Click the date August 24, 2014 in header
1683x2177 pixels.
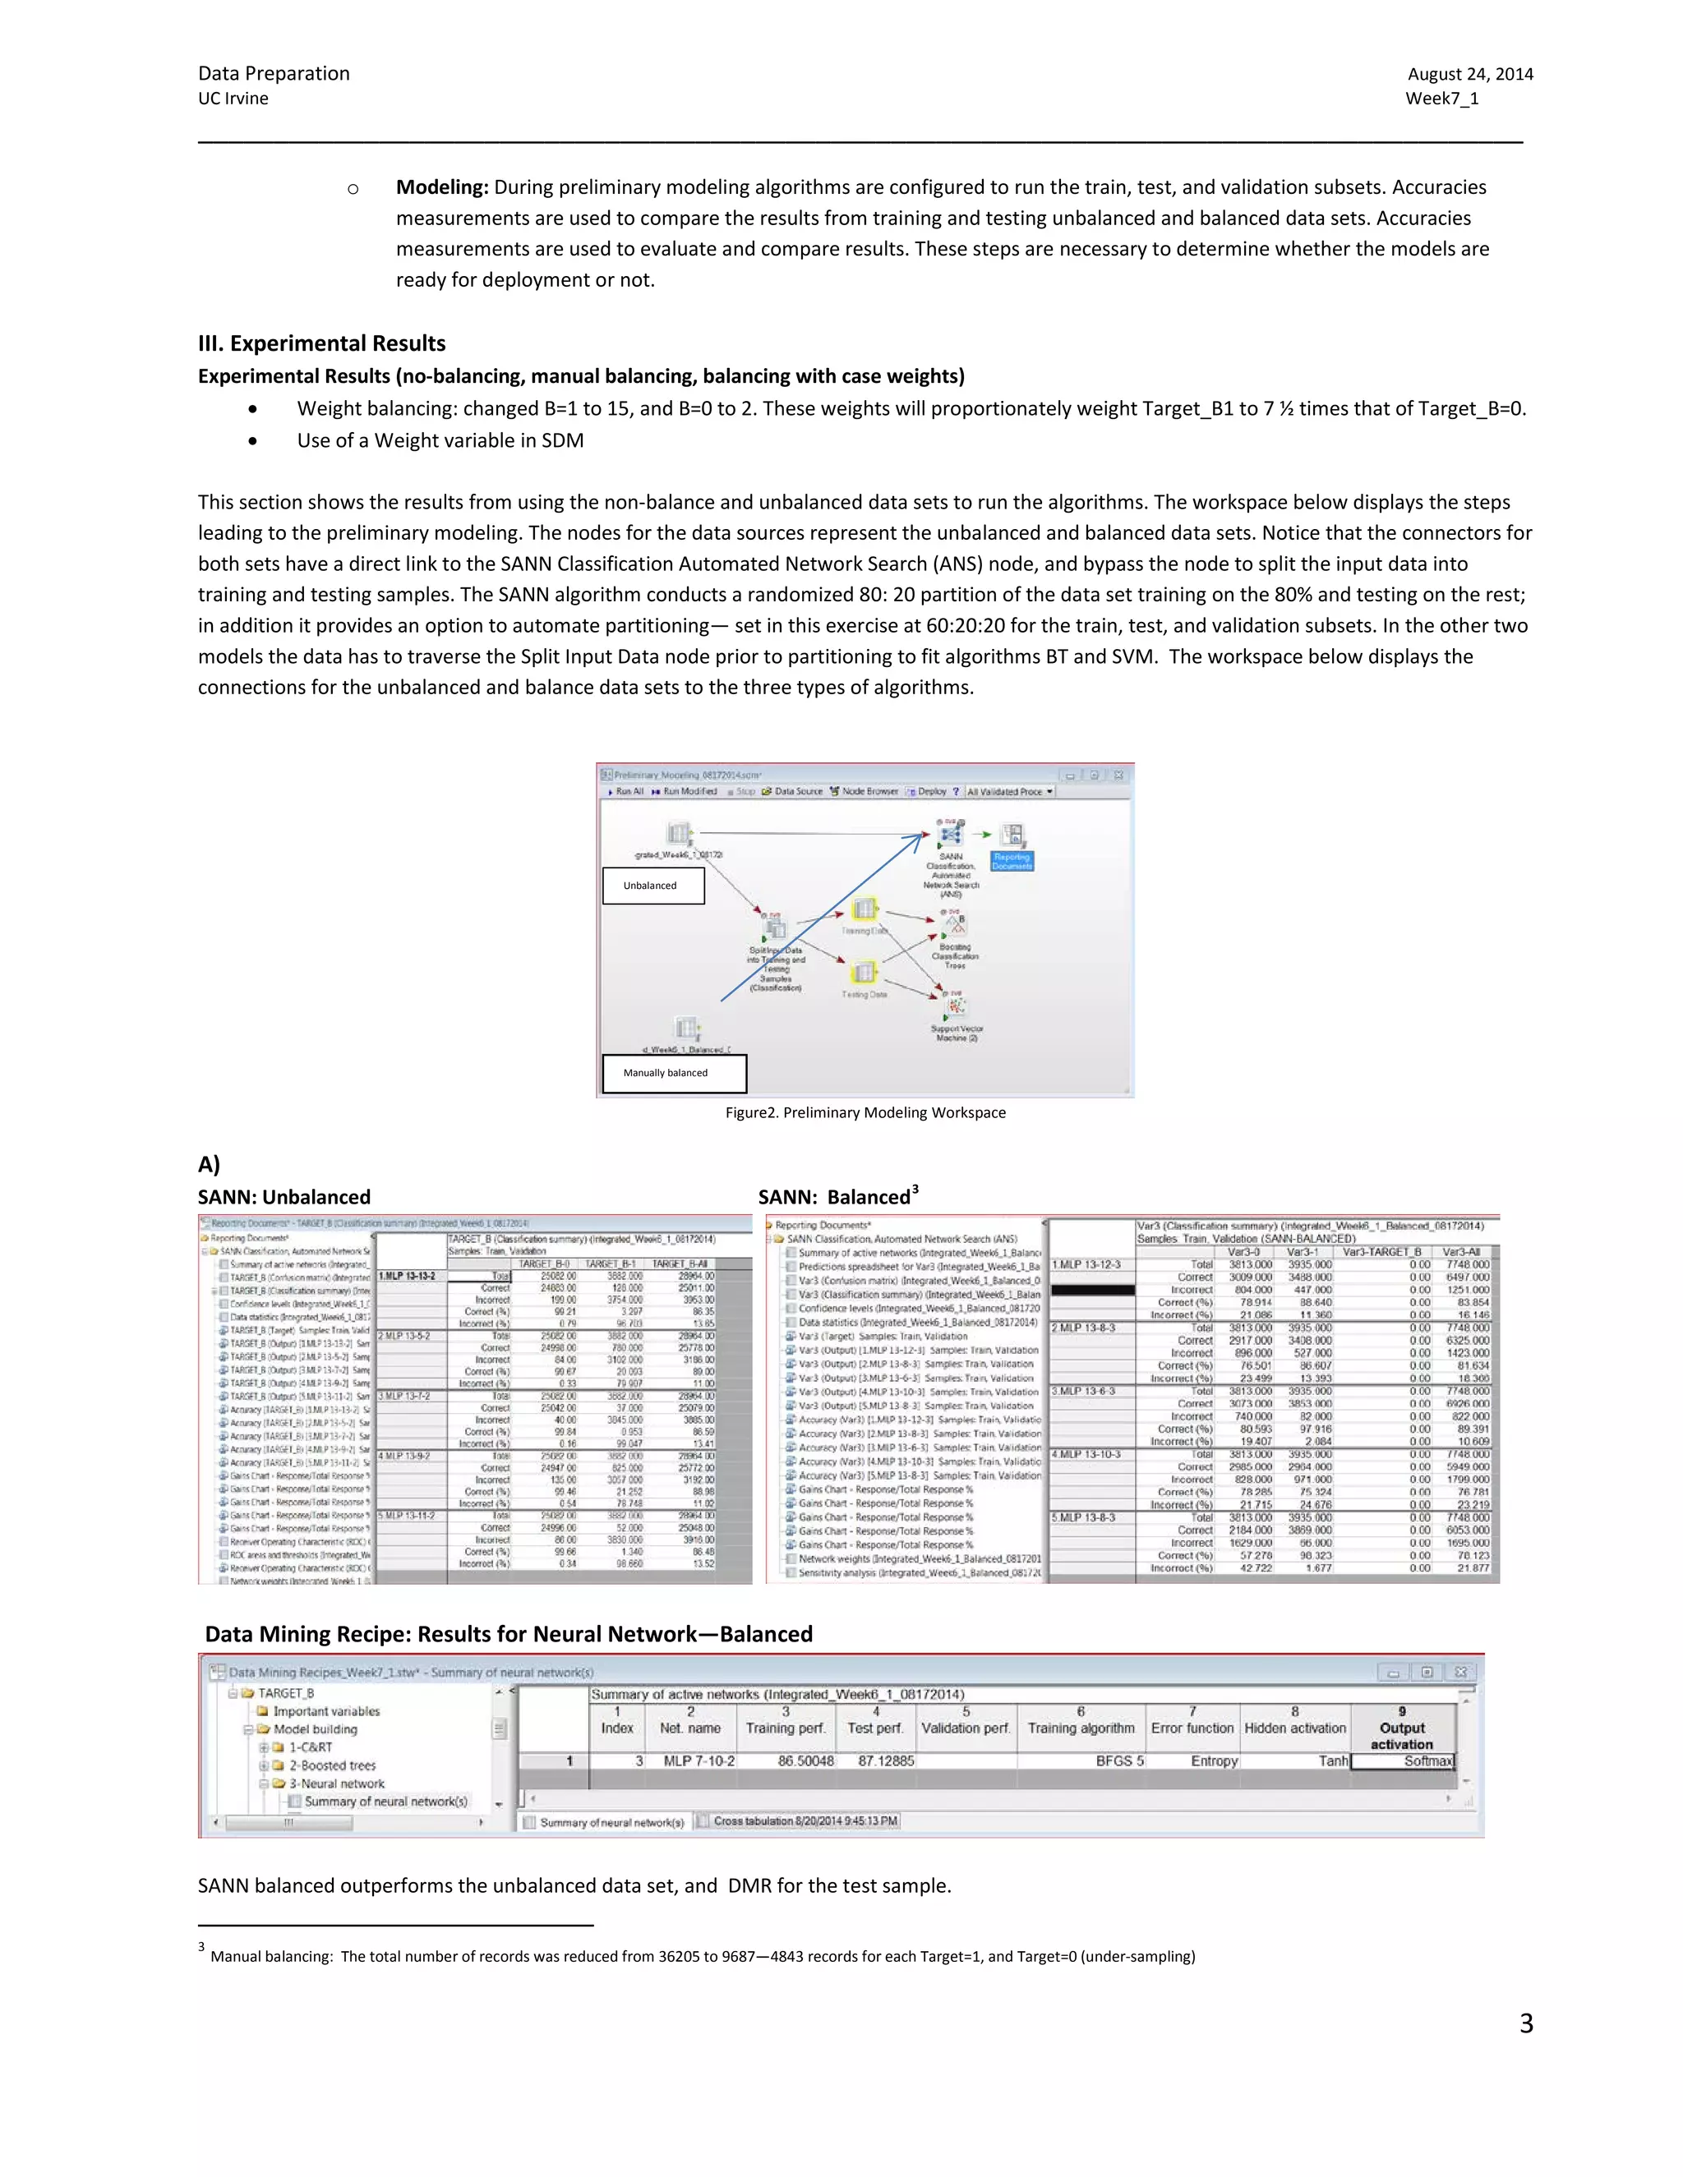[x=1469, y=74]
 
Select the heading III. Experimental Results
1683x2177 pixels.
[x=321, y=343]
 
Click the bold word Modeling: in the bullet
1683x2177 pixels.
[x=441, y=187]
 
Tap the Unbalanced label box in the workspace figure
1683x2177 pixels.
[x=652, y=885]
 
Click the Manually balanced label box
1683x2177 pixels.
[x=673, y=1073]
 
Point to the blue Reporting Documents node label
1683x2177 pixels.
[x=1011, y=861]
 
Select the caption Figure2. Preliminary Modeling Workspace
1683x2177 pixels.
[x=865, y=1112]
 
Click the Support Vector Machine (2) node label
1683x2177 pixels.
[x=957, y=1033]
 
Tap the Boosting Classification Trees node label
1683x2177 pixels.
[x=954, y=956]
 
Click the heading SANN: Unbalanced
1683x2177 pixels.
[x=284, y=1197]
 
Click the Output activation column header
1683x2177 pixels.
[x=1401, y=1735]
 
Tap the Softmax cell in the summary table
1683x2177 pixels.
[x=1426, y=1760]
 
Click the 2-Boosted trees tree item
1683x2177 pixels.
[x=331, y=1765]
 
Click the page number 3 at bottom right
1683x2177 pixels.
[x=1525, y=2023]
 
